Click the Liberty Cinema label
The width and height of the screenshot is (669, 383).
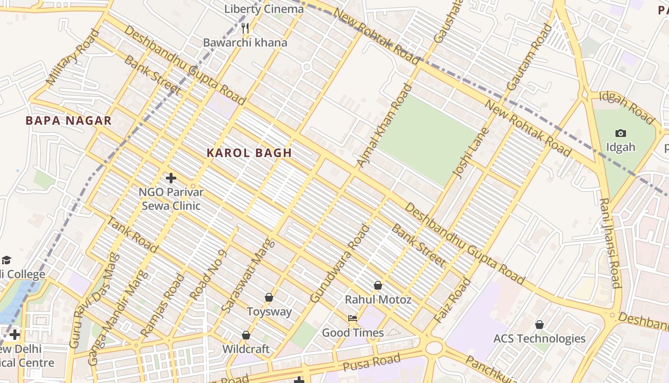(x=264, y=9)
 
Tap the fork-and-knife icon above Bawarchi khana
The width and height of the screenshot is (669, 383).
(x=245, y=28)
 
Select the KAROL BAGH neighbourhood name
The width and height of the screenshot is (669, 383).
(x=249, y=153)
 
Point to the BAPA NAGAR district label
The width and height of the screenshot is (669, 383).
(x=68, y=121)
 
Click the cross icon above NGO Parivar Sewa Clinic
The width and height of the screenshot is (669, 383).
(x=171, y=178)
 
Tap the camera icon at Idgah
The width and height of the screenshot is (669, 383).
(x=621, y=133)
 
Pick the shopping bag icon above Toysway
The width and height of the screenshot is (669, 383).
(x=269, y=297)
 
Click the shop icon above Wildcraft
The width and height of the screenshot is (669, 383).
(x=246, y=335)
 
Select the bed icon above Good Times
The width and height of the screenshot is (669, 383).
(x=353, y=318)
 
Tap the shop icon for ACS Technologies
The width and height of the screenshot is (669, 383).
(x=539, y=325)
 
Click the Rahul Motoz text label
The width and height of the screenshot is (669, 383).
(x=378, y=300)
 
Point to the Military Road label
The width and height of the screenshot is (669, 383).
(x=74, y=57)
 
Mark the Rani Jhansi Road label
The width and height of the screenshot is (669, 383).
(x=610, y=243)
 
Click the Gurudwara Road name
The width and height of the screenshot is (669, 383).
(x=340, y=264)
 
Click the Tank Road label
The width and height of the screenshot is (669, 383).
(x=132, y=235)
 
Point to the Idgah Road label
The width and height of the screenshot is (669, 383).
(x=626, y=106)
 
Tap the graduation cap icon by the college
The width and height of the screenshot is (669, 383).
(x=6, y=260)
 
